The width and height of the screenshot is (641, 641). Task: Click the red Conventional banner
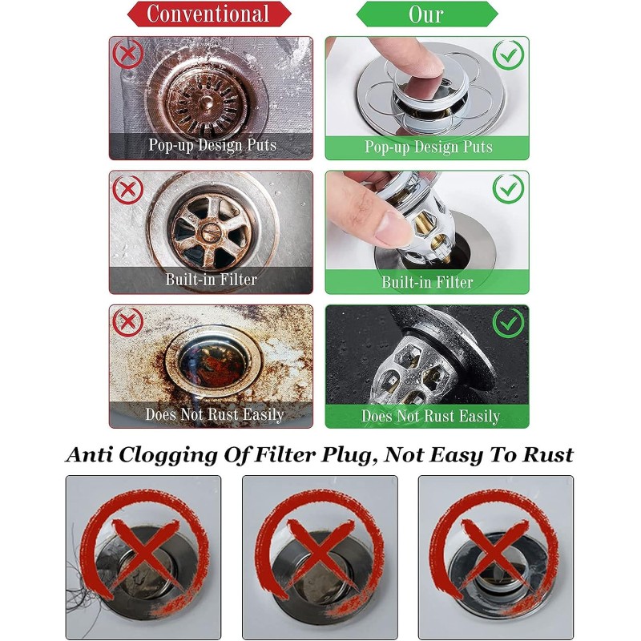point(209,14)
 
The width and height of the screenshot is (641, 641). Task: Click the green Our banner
point(427,14)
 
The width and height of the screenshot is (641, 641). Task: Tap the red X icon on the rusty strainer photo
point(128,54)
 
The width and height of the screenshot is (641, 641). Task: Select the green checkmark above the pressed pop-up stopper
point(508,54)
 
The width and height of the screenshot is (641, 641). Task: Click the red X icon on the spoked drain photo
point(128,189)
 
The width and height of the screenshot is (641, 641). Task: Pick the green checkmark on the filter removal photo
point(508,188)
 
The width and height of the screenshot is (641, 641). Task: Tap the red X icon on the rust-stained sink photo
point(128,322)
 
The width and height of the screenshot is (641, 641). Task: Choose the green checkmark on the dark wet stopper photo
point(508,323)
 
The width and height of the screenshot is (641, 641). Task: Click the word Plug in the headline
point(350,455)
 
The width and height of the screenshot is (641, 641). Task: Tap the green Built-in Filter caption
point(427,282)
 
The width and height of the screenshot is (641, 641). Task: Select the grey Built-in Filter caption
point(211,280)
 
